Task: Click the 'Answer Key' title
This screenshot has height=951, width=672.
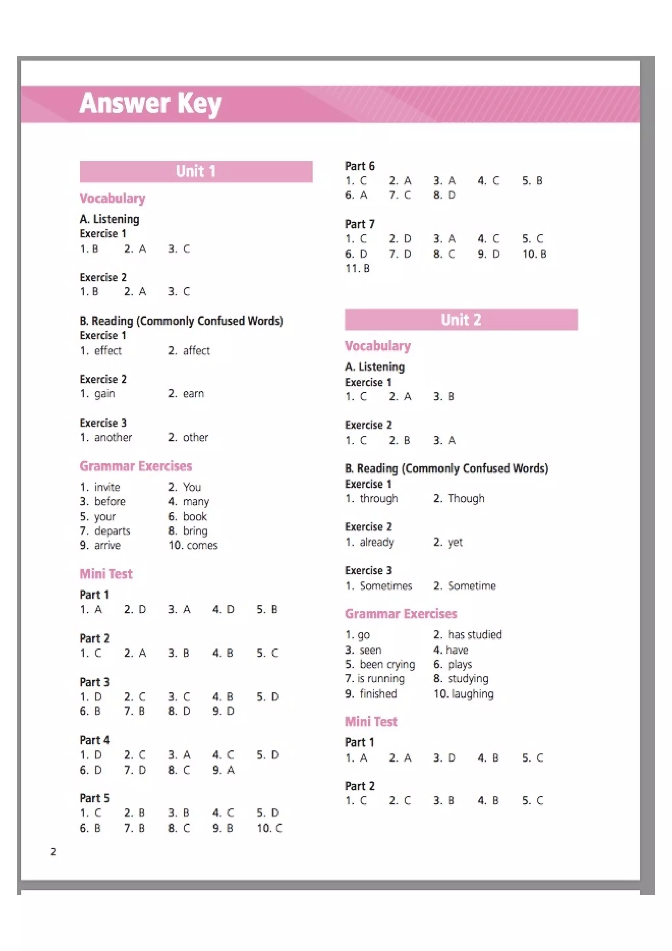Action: [x=150, y=104]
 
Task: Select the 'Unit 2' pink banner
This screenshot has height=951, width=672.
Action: [x=461, y=319]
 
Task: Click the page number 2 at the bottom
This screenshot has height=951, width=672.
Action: [x=53, y=852]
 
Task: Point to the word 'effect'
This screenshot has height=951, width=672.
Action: [x=108, y=351]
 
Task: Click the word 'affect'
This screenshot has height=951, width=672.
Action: [x=196, y=351]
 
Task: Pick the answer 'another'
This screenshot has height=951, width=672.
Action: [x=113, y=437]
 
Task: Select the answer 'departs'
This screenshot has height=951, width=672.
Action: [x=112, y=531]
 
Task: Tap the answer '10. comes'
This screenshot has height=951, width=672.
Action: [x=193, y=545]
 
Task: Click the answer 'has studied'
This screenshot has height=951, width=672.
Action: [x=474, y=635]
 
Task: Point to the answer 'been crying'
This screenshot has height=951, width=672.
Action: [x=387, y=665]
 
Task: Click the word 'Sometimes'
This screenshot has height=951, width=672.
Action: [x=386, y=586]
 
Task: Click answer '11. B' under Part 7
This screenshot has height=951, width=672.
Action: [x=357, y=268]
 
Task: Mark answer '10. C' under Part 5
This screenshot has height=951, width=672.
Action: [x=269, y=828]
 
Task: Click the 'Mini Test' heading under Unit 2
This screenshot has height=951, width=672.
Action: [x=371, y=722]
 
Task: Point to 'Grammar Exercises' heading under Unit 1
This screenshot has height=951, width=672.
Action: [x=136, y=466]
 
